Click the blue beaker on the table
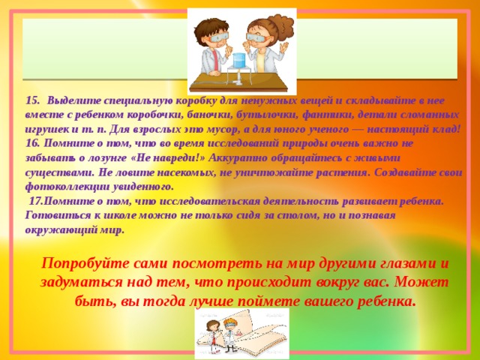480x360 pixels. click(x=240, y=62)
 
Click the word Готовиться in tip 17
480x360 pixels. click(x=51, y=214)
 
